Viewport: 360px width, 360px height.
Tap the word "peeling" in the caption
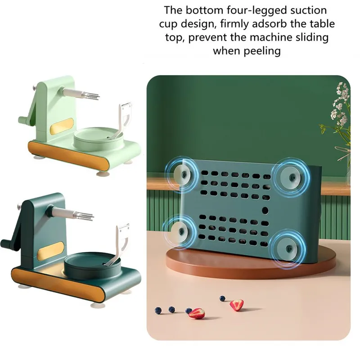click(262, 51)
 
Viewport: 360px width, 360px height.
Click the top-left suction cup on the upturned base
click(183, 175)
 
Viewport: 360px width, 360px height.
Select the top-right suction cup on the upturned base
click(291, 177)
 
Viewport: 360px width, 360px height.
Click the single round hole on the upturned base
click(265, 210)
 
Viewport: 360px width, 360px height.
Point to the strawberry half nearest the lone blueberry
click(237, 305)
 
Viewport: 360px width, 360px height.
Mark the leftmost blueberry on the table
click(158, 310)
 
